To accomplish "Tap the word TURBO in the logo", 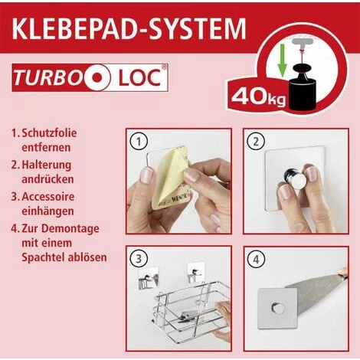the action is (47, 77).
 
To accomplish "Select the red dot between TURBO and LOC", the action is (97, 77).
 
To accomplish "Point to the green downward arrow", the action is (282, 61).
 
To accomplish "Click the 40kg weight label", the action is (258, 97).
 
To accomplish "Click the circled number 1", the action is (139, 142).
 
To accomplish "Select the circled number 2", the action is (256, 142).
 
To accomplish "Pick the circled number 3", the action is (138, 259).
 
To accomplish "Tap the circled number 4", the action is (256, 260).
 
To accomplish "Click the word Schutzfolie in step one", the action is (49, 133).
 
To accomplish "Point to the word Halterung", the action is (47, 165).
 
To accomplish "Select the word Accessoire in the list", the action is (48, 197).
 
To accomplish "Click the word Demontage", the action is (70, 228).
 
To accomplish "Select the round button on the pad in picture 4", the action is (277, 308).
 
